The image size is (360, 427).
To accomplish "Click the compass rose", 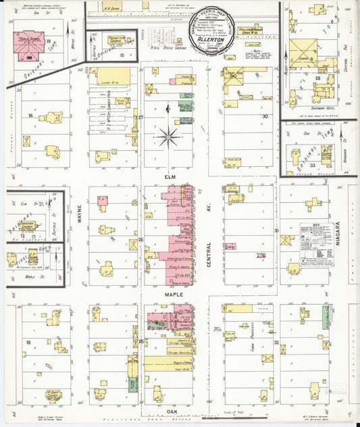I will pos(168,137).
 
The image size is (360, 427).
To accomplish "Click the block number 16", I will pos(30,116).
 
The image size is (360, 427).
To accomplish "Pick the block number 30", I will pos(265,116).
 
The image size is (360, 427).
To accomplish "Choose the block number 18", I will pos(28,343).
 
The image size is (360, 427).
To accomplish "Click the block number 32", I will pos(277,343).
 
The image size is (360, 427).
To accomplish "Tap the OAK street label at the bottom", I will pos(162,409).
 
